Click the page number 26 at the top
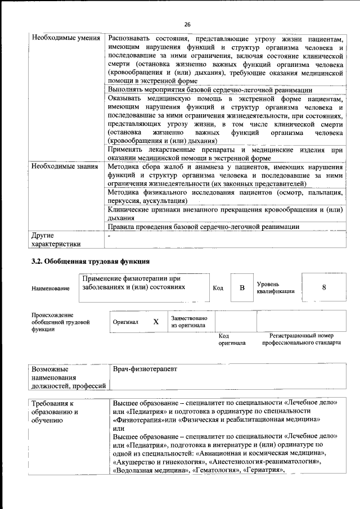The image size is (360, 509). tap(187, 24)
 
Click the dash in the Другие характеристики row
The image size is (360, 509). tap(110, 236)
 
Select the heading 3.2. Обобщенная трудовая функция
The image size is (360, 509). tap(89, 262)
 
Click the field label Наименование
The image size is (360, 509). tap(51, 289)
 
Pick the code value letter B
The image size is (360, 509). tap(242, 288)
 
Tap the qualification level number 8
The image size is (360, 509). tap(323, 287)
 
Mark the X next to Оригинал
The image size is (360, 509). tap(156, 322)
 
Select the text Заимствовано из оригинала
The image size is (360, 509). tap(189, 322)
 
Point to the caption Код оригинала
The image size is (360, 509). tap(232, 339)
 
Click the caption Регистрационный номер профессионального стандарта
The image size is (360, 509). tap(301, 339)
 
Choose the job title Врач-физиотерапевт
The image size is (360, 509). tap(145, 368)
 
